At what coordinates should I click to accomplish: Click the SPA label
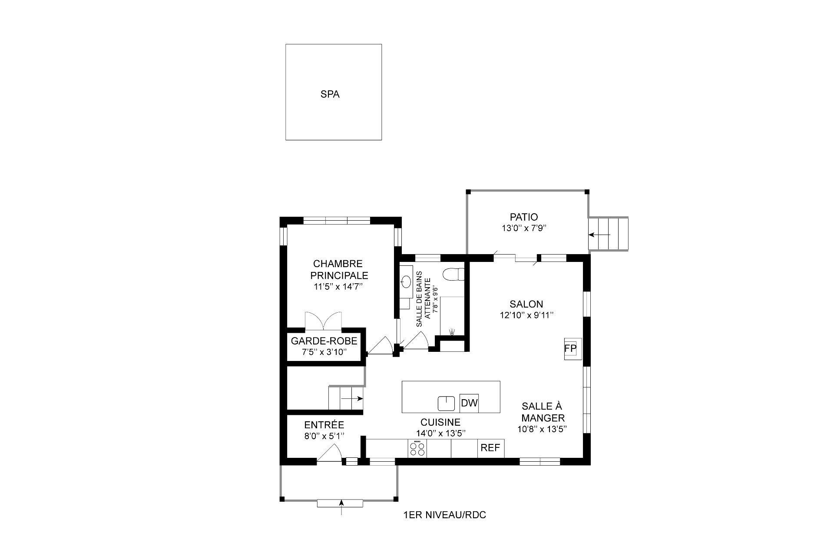330,94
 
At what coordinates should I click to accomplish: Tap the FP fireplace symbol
570,348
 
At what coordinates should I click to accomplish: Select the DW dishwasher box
469,403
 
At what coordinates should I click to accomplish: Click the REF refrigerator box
490,448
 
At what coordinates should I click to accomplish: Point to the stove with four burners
417,448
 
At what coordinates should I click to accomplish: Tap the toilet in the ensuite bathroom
453,275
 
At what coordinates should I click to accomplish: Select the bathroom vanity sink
407,282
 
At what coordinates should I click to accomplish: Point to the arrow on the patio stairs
599,235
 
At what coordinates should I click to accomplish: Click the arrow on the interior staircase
352,398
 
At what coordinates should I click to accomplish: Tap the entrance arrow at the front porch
341,504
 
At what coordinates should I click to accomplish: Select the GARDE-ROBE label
324,341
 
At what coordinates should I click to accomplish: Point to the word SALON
526,304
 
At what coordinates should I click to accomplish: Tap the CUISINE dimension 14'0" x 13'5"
440,433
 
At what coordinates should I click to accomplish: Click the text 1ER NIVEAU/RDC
444,515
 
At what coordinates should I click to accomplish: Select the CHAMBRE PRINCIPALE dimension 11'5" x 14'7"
338,287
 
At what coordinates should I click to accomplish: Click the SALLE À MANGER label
543,412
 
